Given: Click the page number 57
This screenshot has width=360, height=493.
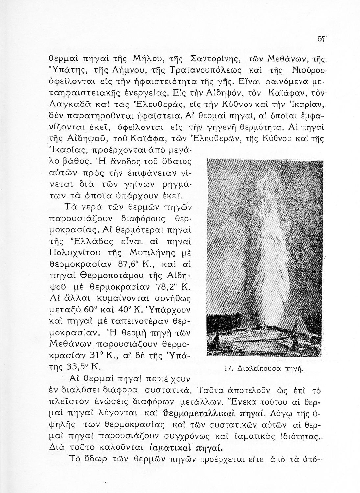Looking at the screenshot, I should point(321,38).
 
